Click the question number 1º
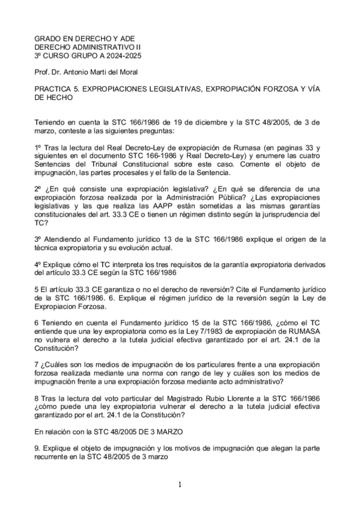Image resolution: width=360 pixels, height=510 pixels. [x=38, y=147]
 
